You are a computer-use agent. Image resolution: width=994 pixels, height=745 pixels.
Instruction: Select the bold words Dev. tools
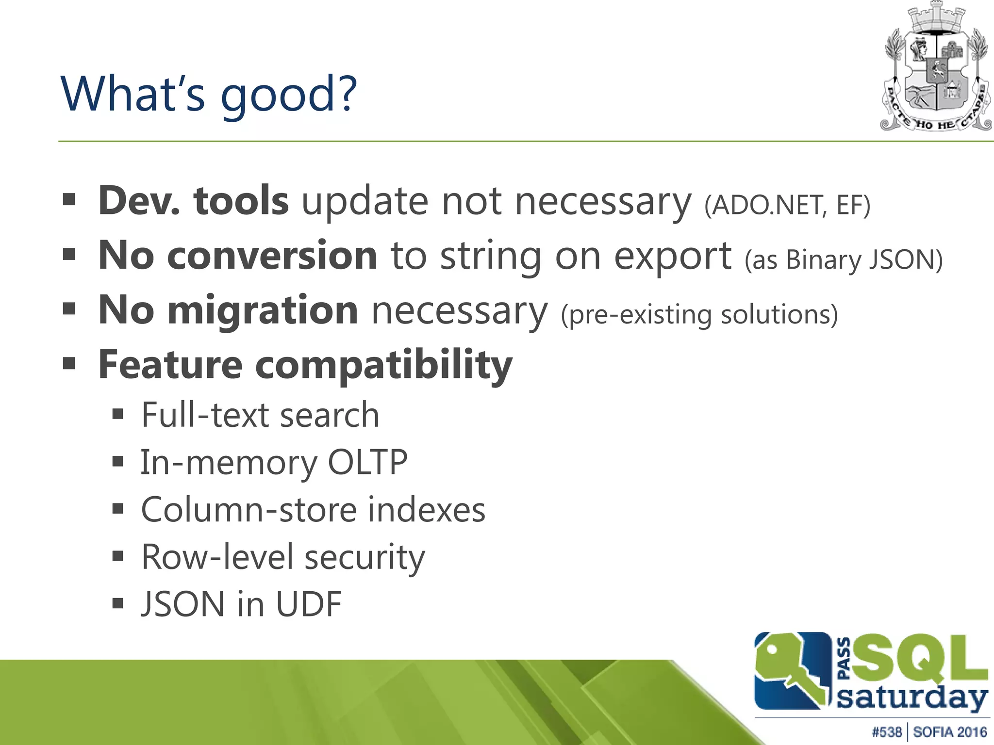coord(193,201)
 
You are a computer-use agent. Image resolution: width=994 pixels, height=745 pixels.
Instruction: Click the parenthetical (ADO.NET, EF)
coord(787,205)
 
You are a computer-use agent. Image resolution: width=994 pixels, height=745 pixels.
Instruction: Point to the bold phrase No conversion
coord(238,256)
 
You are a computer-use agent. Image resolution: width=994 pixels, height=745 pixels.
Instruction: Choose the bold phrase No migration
coord(228,310)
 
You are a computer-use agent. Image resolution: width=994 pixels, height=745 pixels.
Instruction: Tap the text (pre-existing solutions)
coord(699,315)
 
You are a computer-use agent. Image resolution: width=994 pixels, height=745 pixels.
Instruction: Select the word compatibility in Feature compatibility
coord(383,365)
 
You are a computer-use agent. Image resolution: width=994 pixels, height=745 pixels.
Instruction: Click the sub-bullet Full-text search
coord(260,415)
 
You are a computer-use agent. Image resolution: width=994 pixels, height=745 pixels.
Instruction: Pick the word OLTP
coord(367,462)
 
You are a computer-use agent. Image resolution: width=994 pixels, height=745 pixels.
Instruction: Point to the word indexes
coord(426,510)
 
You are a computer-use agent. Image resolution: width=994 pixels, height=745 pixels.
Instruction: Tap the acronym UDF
coord(309,604)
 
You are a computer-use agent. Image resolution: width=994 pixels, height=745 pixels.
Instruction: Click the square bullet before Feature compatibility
coord(69,363)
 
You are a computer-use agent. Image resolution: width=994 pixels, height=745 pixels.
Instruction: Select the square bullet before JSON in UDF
coord(118,604)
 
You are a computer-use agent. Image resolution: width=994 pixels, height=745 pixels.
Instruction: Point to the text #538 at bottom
coord(886,732)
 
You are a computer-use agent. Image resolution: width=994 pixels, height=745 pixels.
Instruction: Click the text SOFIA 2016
coord(950,732)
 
